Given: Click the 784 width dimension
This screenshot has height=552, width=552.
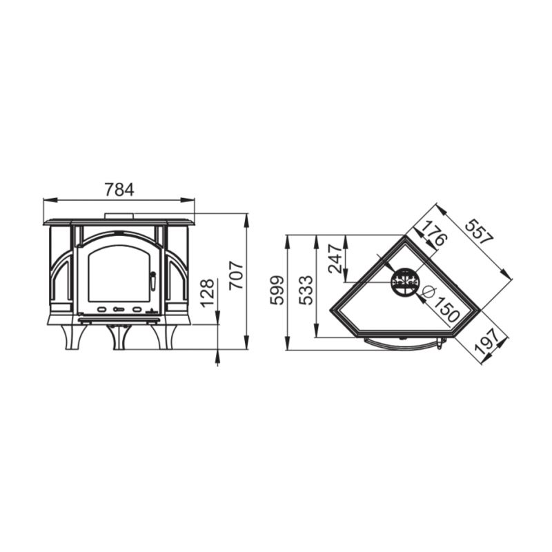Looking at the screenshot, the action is pos(119,190).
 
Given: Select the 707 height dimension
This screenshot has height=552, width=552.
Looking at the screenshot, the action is pos(236,275).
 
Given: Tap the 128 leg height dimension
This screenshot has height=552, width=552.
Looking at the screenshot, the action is pos(207,293).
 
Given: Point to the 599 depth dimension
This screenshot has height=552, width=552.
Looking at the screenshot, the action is pos(277,290).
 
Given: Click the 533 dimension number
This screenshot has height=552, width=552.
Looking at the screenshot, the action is pos(306,290).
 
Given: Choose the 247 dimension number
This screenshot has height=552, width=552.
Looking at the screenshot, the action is pos(335,259).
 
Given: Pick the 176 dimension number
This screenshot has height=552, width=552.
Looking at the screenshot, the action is pos(434,234).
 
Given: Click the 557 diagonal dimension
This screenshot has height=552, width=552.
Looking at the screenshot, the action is pos(479,232).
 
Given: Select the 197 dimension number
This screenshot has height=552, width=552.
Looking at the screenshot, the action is pos(487,341).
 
